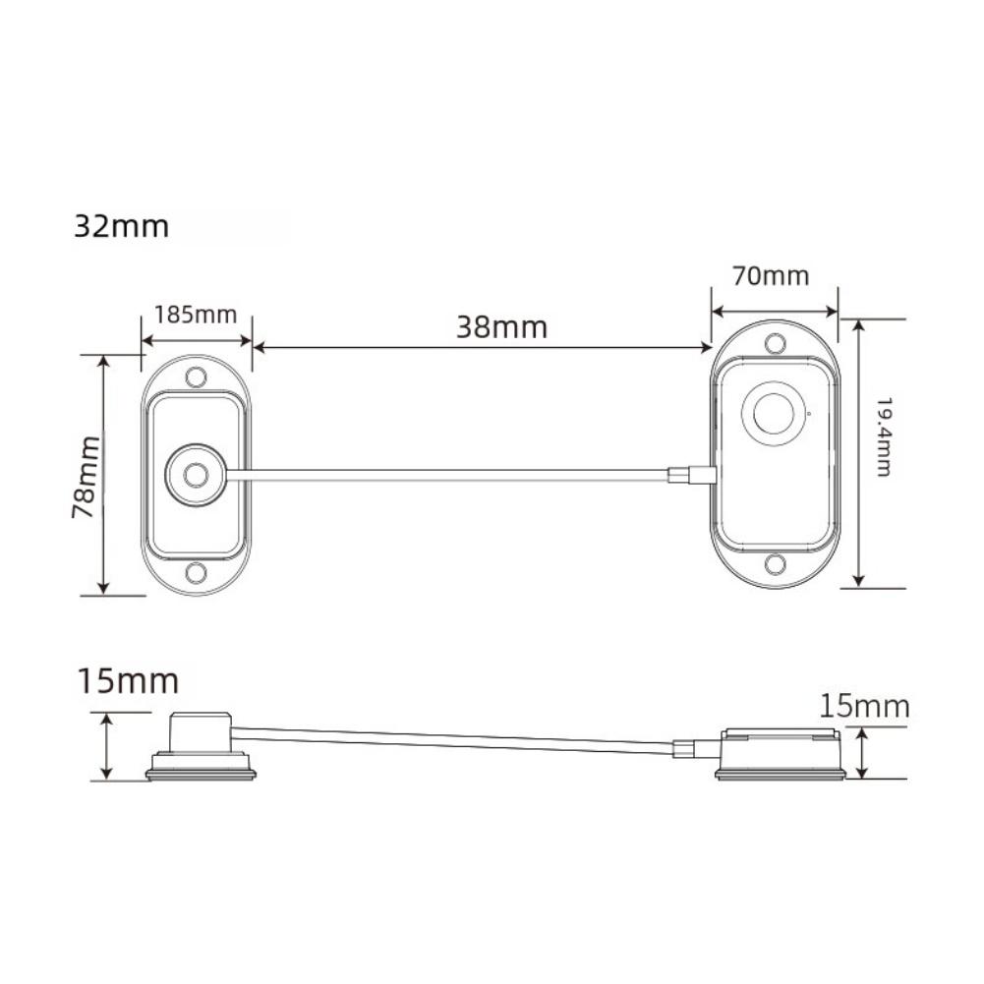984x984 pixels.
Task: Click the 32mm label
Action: tap(121, 227)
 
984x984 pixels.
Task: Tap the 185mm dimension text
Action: tap(196, 315)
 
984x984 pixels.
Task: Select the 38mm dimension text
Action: tap(500, 326)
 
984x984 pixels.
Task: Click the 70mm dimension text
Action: tap(772, 276)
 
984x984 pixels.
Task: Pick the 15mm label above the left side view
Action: tap(127, 680)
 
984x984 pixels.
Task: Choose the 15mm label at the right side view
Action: tap(866, 706)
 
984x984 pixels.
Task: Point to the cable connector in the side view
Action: tap(684, 750)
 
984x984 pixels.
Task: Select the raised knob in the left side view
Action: tap(201, 732)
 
